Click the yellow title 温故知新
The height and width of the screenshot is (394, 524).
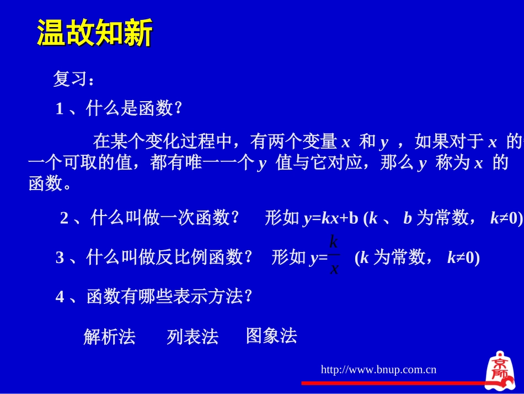(94, 34)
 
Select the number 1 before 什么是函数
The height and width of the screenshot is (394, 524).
(60, 109)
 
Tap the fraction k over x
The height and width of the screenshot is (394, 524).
(334, 256)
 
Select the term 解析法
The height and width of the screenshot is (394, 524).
(109, 337)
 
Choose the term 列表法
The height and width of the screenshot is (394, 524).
(193, 337)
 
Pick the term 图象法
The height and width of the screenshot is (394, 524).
(271, 335)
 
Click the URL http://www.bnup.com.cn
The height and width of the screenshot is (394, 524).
(378, 369)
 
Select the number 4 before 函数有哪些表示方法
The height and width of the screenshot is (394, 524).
(60, 297)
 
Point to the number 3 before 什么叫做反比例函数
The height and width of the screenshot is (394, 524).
(60, 258)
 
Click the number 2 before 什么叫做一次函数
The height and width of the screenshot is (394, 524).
(64, 219)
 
